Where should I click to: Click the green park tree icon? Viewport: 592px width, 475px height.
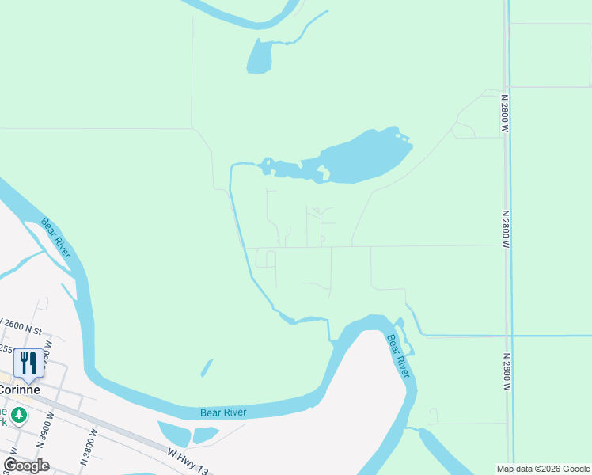click(19, 414)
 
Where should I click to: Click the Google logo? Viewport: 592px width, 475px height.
click(26, 465)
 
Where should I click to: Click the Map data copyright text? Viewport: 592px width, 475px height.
click(543, 469)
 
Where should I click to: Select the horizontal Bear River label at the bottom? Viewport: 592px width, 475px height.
click(223, 412)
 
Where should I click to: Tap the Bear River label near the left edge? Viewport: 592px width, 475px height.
click(56, 237)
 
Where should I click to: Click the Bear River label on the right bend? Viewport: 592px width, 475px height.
click(397, 355)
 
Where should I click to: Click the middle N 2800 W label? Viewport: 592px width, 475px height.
click(504, 230)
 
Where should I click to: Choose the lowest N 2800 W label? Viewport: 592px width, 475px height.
click(505, 372)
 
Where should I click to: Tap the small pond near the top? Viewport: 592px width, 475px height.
click(260, 56)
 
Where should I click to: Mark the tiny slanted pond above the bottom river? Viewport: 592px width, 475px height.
click(207, 367)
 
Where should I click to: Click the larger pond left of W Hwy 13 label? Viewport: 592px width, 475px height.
click(174, 433)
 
